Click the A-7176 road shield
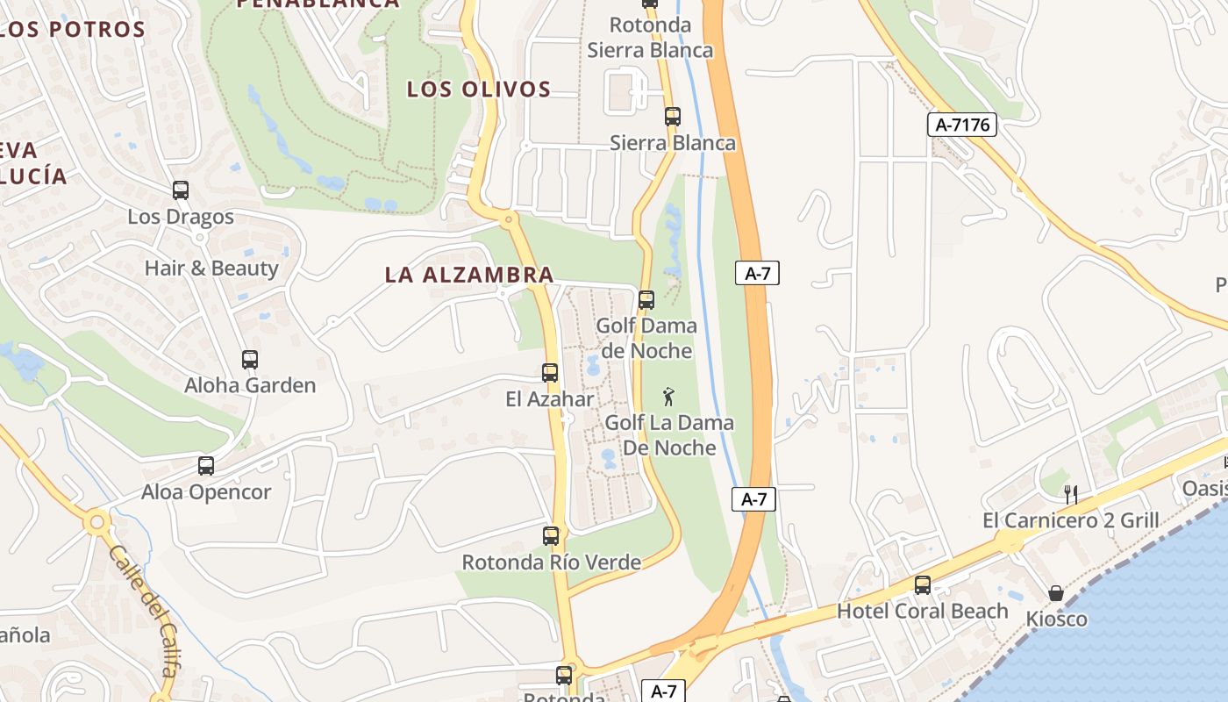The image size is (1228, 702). point(962,125)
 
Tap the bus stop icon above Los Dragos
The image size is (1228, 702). point(181,190)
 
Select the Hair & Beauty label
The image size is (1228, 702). point(211,269)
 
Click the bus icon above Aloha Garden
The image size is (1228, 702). point(250,359)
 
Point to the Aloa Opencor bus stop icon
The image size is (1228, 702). point(206,466)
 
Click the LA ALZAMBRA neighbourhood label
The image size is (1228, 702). point(469,275)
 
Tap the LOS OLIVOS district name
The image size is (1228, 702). point(479,89)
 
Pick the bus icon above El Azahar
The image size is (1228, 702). point(550,373)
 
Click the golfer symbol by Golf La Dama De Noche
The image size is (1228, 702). point(669,397)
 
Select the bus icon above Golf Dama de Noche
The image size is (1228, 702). point(646,299)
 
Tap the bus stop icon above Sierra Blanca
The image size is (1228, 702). point(673,116)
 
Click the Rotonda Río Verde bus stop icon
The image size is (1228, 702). point(551,535)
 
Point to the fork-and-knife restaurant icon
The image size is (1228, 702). point(1071,494)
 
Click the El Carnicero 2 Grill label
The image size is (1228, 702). point(1071,520)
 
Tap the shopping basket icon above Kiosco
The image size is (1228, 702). point(1056,593)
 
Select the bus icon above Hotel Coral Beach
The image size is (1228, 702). point(923,584)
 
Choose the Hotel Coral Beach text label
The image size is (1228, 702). point(923,611)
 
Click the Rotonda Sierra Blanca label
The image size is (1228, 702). point(650,37)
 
